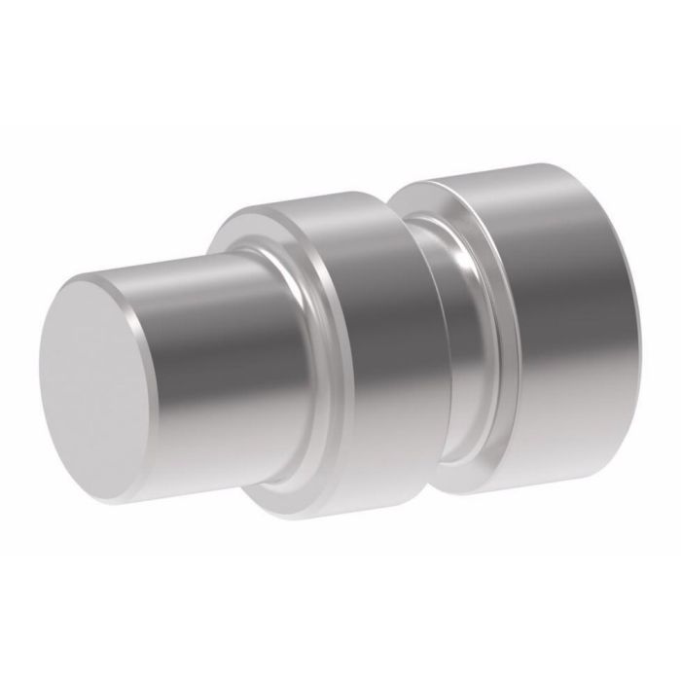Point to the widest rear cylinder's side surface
coord(545,292)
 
